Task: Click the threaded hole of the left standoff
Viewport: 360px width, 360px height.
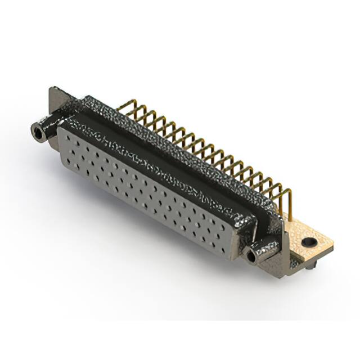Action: [x=39, y=133]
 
